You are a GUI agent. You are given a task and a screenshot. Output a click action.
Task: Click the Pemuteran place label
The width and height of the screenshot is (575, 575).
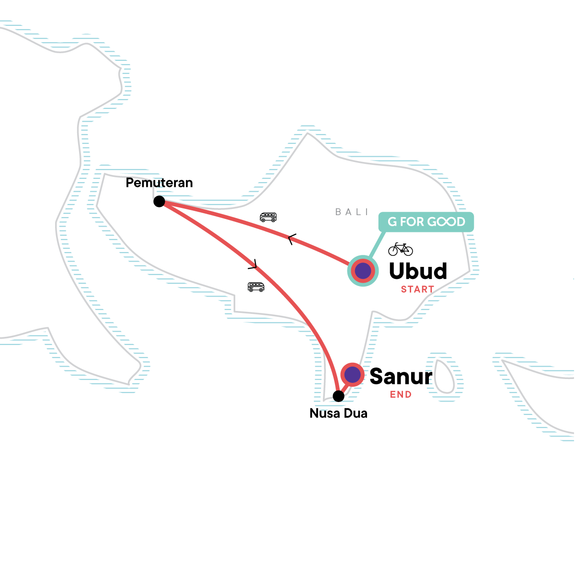tap(159, 183)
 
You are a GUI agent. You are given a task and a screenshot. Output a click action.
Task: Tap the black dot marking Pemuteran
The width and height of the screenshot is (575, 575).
tap(159, 201)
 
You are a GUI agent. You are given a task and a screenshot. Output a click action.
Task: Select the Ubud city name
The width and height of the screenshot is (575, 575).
tap(418, 271)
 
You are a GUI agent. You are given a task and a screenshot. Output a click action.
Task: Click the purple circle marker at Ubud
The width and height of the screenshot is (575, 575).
tap(363, 271)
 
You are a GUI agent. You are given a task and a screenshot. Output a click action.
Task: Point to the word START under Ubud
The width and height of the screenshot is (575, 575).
tap(417, 289)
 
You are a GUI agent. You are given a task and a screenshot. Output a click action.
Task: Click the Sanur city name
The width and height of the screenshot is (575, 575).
tap(401, 377)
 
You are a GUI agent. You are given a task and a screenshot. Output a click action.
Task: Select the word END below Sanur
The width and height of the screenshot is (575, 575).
tap(401, 394)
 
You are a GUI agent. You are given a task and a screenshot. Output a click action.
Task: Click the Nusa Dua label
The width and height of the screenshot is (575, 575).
tap(338, 414)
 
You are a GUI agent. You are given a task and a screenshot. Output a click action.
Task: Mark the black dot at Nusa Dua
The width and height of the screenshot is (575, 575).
tap(338, 396)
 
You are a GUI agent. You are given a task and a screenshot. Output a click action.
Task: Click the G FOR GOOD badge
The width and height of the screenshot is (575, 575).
tap(426, 222)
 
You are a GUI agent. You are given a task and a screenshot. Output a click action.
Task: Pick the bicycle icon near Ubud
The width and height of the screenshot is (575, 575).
tap(400, 249)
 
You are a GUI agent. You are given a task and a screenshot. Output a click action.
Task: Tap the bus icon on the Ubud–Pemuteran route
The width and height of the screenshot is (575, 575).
tap(268, 217)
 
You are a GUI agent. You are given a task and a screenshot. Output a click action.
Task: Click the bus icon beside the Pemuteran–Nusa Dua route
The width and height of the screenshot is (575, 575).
tap(256, 287)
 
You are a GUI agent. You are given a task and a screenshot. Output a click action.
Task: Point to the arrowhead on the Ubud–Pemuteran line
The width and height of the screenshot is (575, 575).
tap(291, 239)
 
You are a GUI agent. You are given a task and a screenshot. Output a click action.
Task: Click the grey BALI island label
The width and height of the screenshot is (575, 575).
tap(352, 212)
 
